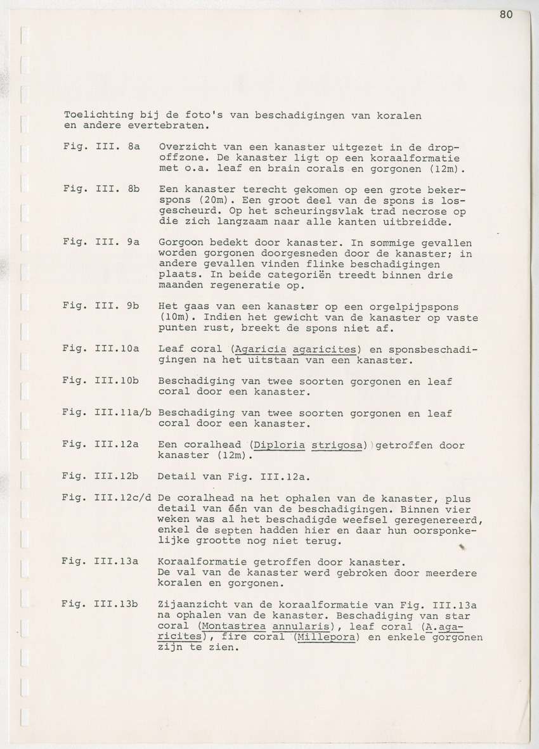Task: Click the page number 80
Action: pyautogui.click(x=505, y=15)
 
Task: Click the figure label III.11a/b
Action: pyautogui.click(x=124, y=413)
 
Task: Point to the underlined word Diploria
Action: pyautogui.click(x=279, y=445)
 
